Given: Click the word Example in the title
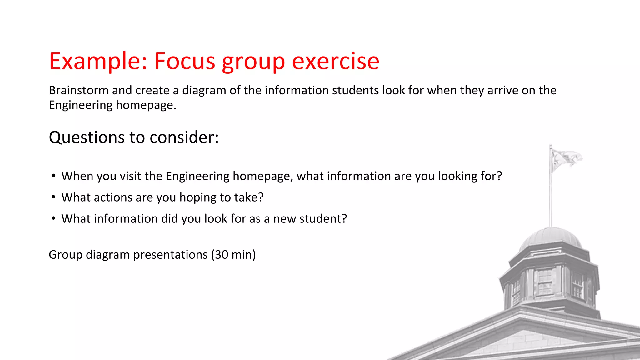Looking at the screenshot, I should coord(94,61).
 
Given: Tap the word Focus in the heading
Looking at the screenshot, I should coord(185,61).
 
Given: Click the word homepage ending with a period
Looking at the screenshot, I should coord(146,105).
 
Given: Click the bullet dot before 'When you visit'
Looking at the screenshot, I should coord(54,176).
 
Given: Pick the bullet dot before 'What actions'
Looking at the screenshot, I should coord(54,197).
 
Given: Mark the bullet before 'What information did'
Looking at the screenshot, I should coord(54,218).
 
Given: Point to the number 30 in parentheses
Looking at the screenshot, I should coord(222,255).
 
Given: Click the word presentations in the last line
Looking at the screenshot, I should coord(170,255).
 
